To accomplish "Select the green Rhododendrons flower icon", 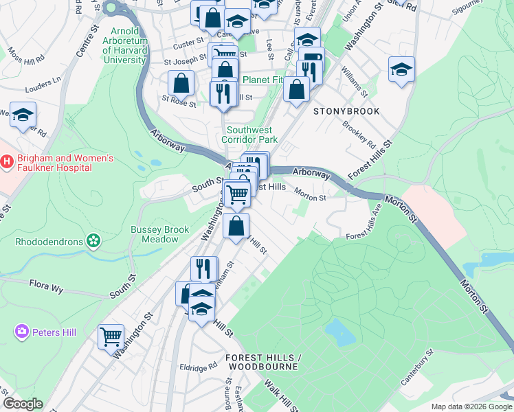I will coord(93,241).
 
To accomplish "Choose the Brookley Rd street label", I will coord(359,135).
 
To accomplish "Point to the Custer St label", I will coord(185,45).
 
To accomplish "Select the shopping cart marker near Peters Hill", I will coord(111,336).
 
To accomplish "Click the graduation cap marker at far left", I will coord(23,115).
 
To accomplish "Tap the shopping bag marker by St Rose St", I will coord(181,83).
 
